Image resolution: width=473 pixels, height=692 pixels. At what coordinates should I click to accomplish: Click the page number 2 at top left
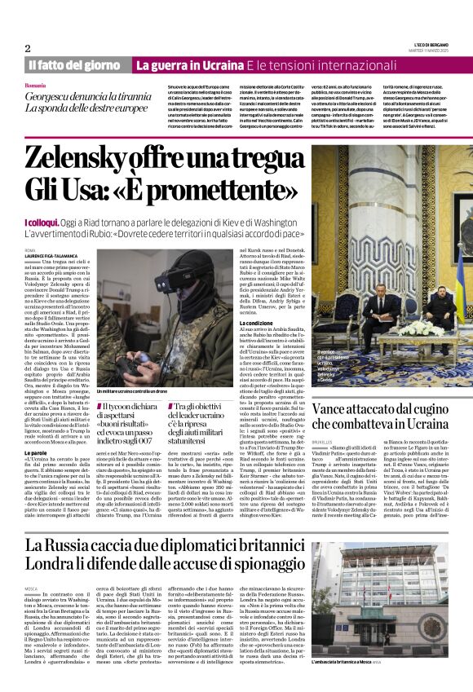click(28, 47)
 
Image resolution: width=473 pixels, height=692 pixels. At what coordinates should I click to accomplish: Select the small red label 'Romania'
click(36, 86)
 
